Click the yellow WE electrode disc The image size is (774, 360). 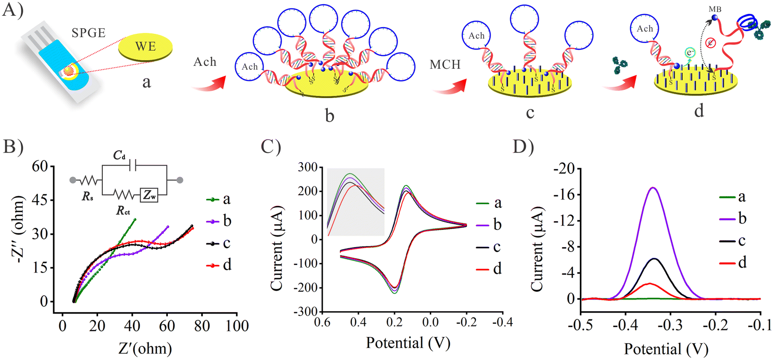click(x=145, y=48)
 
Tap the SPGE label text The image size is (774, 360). click(x=88, y=33)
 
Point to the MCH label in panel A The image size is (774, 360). click(x=445, y=65)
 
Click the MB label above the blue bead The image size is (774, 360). click(x=715, y=10)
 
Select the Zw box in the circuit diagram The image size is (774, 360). click(x=149, y=195)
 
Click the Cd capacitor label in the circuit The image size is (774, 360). click(x=119, y=156)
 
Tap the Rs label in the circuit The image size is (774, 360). click(x=87, y=196)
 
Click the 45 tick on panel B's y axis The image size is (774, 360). click(x=40, y=199)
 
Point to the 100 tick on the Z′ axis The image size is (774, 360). click(x=237, y=326)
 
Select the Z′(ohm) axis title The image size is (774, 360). click(x=145, y=349)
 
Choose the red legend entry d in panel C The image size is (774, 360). click(x=489, y=269)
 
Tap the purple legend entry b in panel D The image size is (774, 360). click(x=733, y=218)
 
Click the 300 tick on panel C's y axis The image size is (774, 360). click(x=308, y=167)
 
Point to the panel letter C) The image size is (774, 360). click(x=271, y=146)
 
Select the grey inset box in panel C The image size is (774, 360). click(x=356, y=202)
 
